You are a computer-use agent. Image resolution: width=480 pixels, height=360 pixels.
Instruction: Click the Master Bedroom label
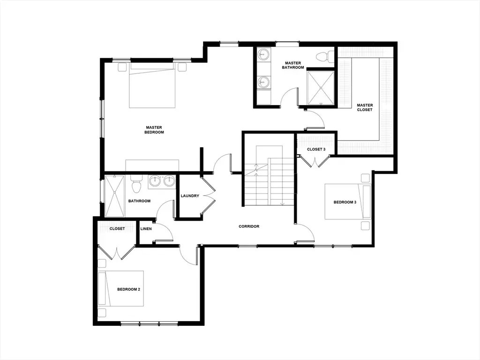(x=154, y=130)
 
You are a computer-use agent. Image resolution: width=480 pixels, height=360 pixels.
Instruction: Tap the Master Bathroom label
(x=293, y=65)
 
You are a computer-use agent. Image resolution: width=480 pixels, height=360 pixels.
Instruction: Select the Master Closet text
(x=365, y=107)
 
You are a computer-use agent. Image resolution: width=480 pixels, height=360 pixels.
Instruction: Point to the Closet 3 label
(x=316, y=150)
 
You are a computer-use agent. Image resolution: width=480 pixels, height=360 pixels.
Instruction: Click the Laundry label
(x=190, y=196)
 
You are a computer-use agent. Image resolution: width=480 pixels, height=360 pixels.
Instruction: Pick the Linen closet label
(x=146, y=229)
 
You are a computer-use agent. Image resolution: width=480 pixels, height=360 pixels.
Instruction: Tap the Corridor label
(x=249, y=226)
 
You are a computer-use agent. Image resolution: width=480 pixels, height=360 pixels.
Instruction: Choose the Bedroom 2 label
(x=128, y=289)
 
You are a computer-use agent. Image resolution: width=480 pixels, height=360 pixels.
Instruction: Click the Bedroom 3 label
(x=345, y=202)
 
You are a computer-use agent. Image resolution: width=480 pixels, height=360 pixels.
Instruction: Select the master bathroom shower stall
(x=321, y=88)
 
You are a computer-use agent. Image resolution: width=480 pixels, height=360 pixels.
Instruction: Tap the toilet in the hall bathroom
(x=135, y=184)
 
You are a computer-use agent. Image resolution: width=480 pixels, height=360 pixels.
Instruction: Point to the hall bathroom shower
(x=115, y=196)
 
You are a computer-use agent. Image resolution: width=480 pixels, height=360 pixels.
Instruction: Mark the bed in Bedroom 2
(x=121, y=288)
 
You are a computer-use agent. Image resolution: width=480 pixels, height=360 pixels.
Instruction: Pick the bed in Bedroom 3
(x=348, y=202)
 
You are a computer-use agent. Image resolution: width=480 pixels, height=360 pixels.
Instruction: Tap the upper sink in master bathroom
(x=262, y=55)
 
